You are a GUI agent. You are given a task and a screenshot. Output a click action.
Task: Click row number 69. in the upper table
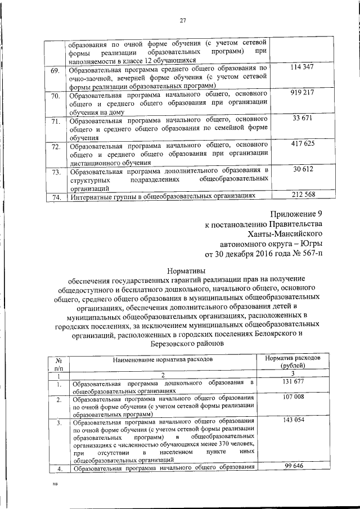coord(55,71)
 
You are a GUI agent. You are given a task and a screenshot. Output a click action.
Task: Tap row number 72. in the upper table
coord(55,148)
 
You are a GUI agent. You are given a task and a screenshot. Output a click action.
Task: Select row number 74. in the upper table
coord(55,197)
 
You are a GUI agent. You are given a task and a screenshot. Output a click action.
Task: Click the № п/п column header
coord(58,362)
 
